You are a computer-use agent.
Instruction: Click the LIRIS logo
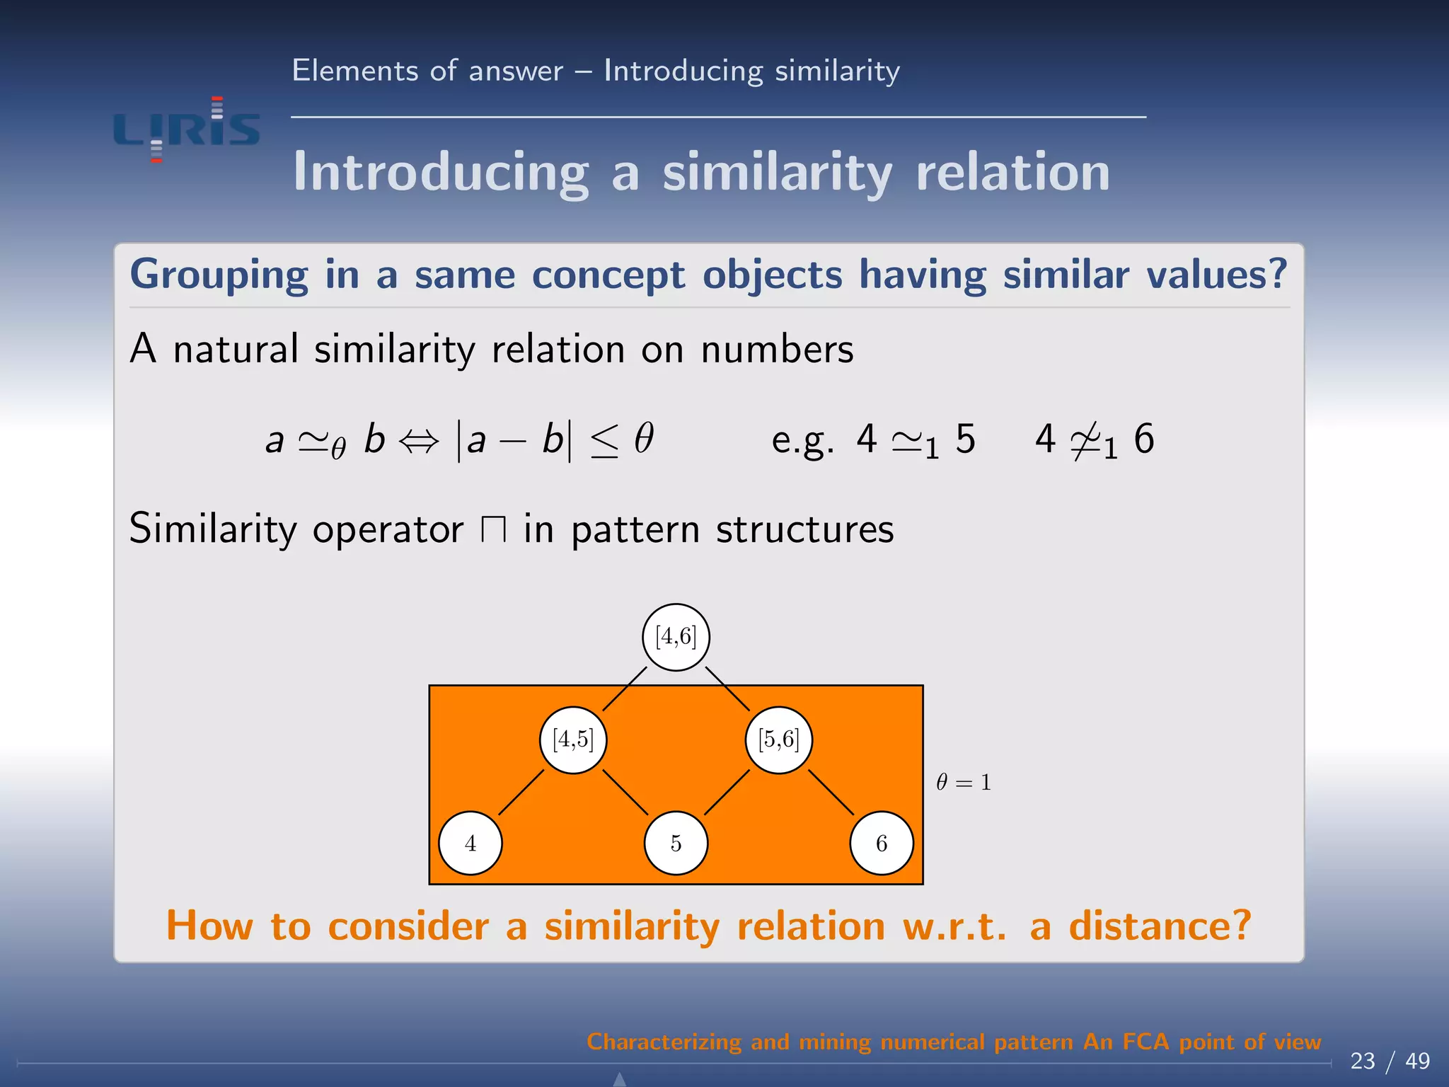pyautogui.click(x=187, y=130)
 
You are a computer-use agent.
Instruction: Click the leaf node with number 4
pyautogui.click(x=471, y=843)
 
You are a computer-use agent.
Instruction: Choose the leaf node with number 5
pyautogui.click(x=676, y=843)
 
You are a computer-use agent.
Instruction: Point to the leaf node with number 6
pyautogui.click(x=882, y=843)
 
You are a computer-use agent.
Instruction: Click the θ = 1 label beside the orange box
pyautogui.click(x=963, y=782)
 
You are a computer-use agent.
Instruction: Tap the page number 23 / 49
pyautogui.click(x=1390, y=1061)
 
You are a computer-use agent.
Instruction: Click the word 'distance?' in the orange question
pyautogui.click(x=1160, y=926)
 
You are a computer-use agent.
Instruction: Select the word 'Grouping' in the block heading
pyautogui.click(x=219, y=275)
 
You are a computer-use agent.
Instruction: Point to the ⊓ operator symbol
pyautogui.click(x=493, y=529)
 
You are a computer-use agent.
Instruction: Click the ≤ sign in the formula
pyautogui.click(x=604, y=441)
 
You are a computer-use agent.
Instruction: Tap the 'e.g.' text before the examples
pyautogui.click(x=802, y=441)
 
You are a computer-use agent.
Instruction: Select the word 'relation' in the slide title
pyautogui.click(x=1012, y=172)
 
